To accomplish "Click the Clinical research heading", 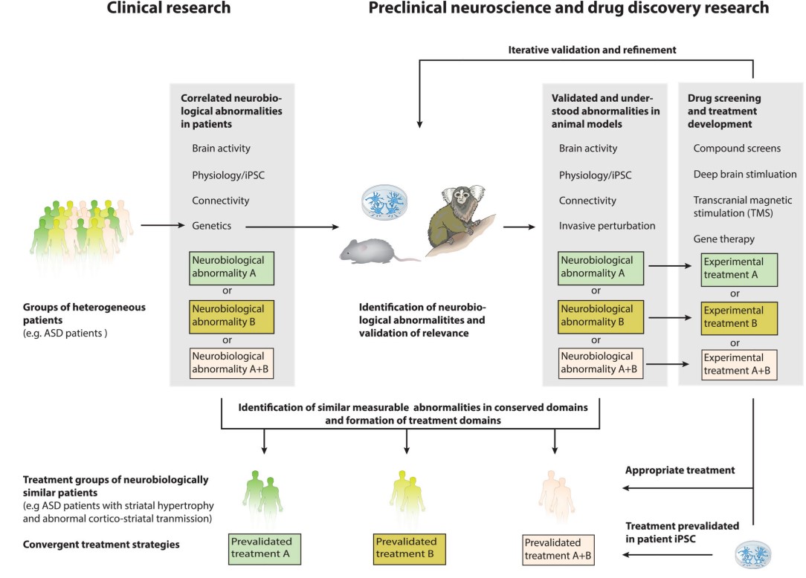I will point(169,9).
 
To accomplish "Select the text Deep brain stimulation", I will point(745,174).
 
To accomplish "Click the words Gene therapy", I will point(723,239).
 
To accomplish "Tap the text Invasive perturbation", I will point(607,226).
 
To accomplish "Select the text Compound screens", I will point(737,148).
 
